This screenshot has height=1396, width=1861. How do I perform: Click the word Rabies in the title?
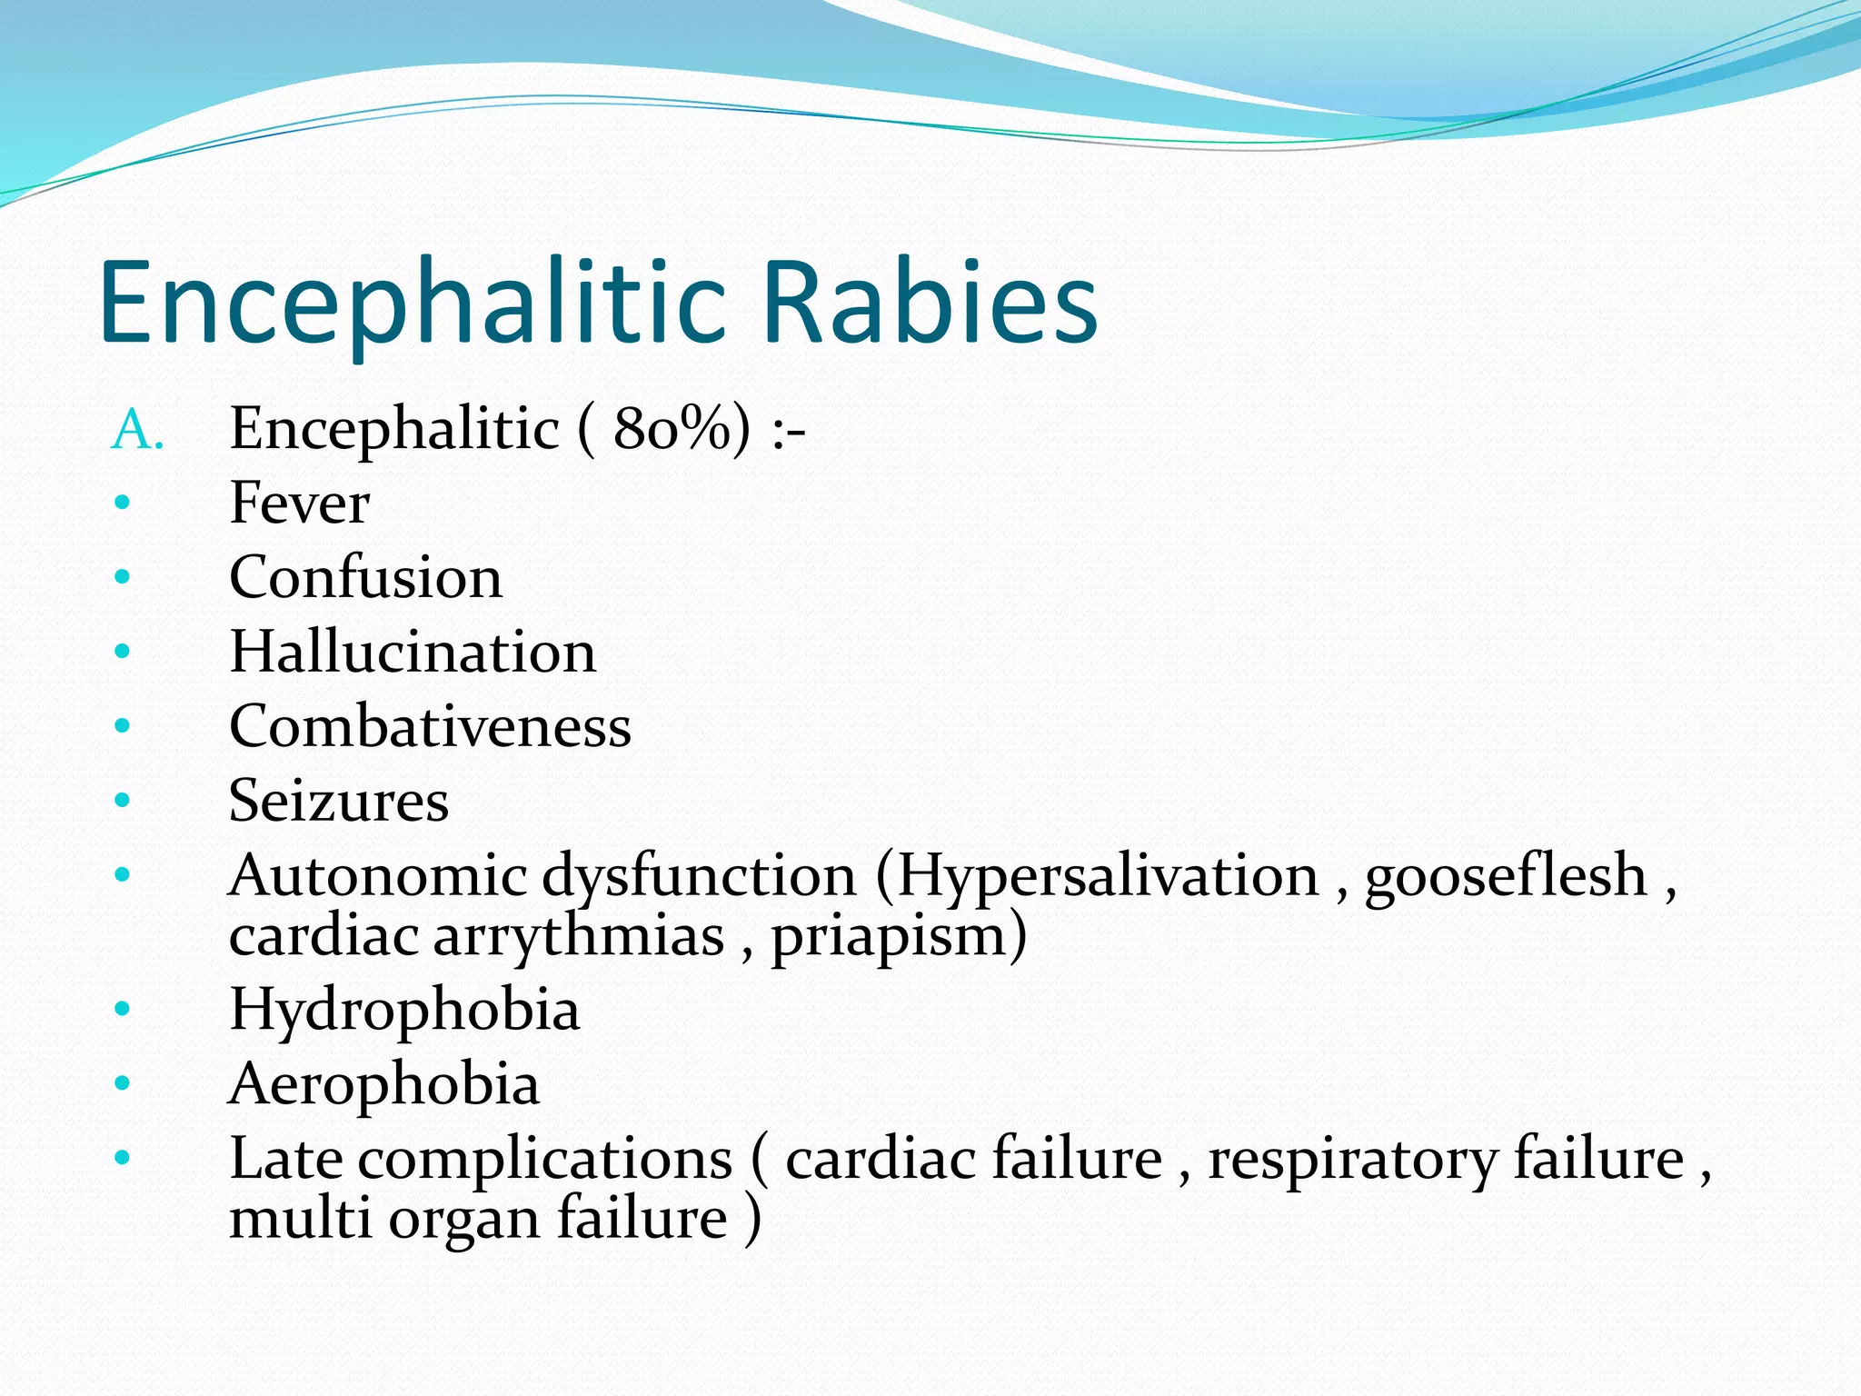coord(930,303)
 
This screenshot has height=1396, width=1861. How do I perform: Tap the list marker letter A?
coord(136,430)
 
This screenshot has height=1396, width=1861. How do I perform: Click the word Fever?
coord(299,503)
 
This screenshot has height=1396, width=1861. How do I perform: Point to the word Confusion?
coord(365,577)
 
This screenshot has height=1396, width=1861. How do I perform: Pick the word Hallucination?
coord(413,652)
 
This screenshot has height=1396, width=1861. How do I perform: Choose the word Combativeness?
coord(430,726)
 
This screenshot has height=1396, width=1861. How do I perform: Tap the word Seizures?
coord(339,801)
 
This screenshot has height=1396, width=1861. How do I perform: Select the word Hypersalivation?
coord(1108,875)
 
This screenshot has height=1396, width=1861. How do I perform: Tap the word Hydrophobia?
coord(404,1010)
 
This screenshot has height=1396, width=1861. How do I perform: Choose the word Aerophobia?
coord(384,1084)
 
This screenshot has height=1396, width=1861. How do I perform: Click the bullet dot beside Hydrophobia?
coord(123,1008)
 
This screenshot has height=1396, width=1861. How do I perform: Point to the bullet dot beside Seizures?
coord(123,800)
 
